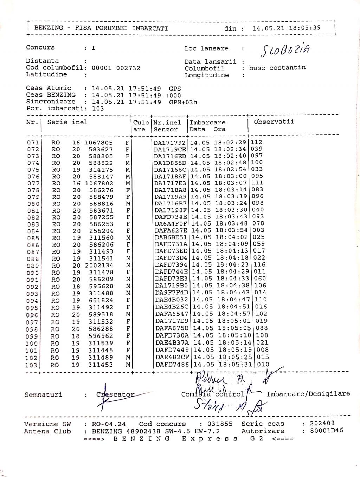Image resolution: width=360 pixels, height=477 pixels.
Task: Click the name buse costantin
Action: pos(277,68)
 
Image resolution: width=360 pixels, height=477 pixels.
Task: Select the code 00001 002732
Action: pos(116,68)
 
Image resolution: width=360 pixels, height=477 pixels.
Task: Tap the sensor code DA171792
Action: pos(170,143)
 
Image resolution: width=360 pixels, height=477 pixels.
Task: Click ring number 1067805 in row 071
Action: pos(99,143)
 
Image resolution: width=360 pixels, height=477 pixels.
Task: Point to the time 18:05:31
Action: pos(235,365)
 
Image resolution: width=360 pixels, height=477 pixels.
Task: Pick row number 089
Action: pos(33,266)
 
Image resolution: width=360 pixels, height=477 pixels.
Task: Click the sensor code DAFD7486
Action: pos(172,365)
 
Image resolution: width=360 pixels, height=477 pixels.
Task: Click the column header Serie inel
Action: pos(67,122)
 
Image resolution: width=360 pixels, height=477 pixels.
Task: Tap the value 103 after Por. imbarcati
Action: pos(98,109)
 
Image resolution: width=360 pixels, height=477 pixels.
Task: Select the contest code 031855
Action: pos(220,424)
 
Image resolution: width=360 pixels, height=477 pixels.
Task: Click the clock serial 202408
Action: pos(322,424)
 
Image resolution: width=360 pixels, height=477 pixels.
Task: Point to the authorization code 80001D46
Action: pos(326,431)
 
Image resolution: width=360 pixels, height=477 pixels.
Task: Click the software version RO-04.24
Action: pos(109,424)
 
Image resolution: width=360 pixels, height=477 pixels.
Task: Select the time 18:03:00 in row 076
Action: pos(231,176)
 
